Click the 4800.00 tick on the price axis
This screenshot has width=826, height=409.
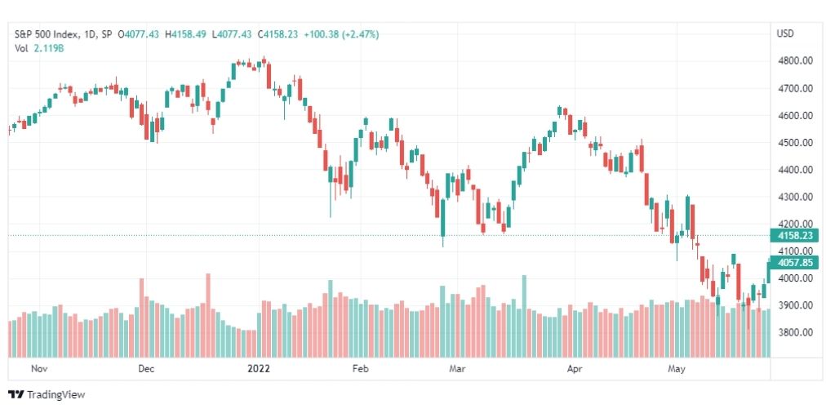pyautogui.click(x=795, y=61)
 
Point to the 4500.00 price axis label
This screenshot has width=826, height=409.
pyautogui.click(x=795, y=143)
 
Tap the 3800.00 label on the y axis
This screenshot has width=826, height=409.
pyautogui.click(x=795, y=333)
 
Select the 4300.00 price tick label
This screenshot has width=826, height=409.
pyautogui.click(x=795, y=197)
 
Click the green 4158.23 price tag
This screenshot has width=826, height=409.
pyautogui.click(x=795, y=236)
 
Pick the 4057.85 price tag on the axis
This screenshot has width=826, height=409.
pyautogui.click(x=795, y=263)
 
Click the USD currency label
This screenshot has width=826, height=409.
pyautogui.click(x=786, y=34)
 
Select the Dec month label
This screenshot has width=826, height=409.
pyautogui.click(x=146, y=368)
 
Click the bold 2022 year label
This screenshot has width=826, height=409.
pyautogui.click(x=260, y=368)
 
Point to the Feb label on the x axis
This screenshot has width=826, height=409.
pyautogui.click(x=360, y=368)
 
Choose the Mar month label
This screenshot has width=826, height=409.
pyautogui.click(x=456, y=368)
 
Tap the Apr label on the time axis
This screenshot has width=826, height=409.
pyautogui.click(x=575, y=368)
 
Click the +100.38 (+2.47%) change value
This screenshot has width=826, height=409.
pyautogui.click(x=341, y=34)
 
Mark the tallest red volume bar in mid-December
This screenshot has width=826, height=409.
pyautogui.click(x=208, y=315)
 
